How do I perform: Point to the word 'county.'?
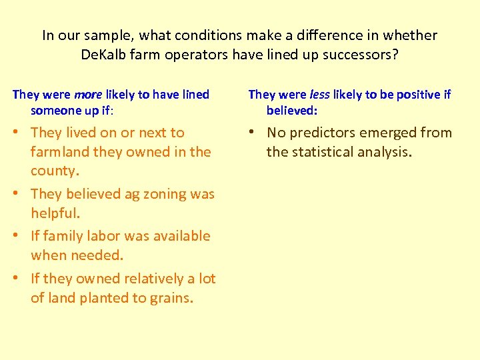(x=55, y=170)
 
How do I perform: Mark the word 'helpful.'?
(x=55, y=213)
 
